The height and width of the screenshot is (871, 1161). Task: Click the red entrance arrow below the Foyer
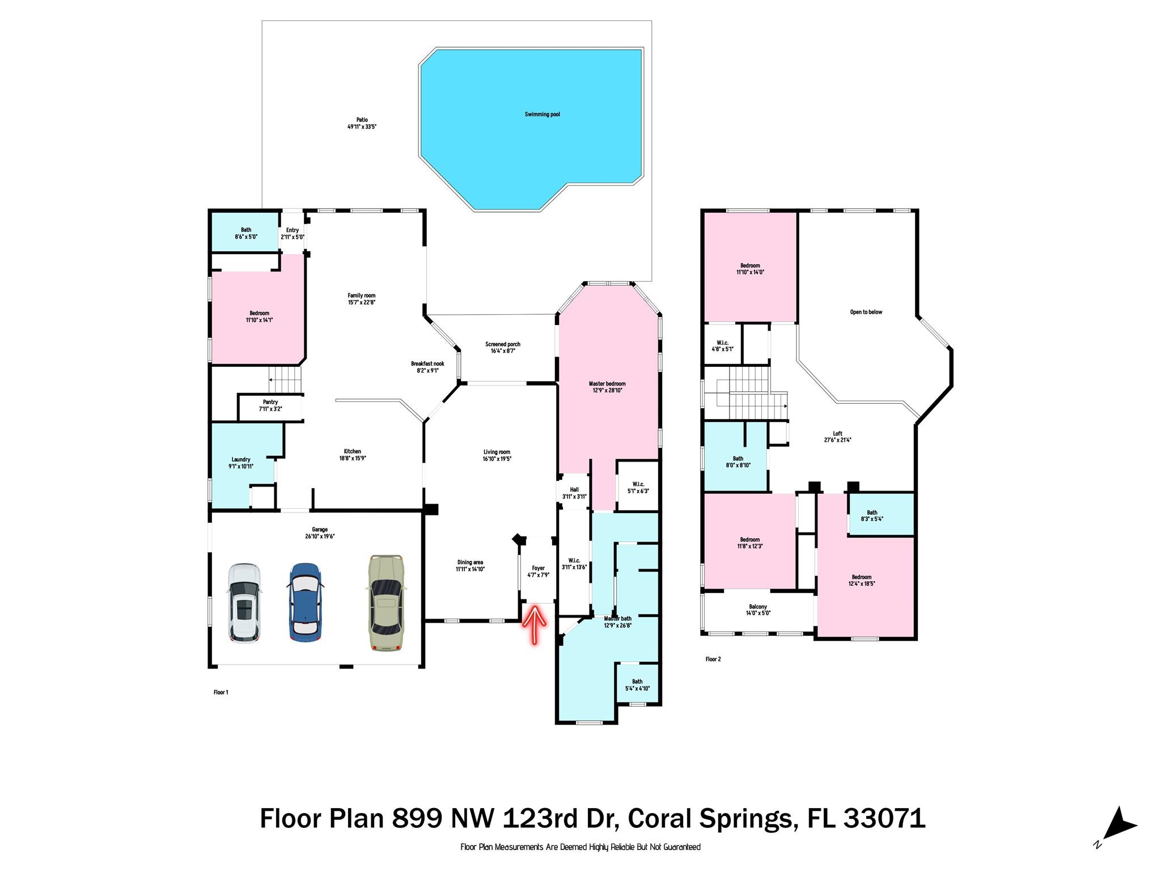click(535, 624)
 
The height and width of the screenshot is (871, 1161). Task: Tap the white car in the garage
click(244, 603)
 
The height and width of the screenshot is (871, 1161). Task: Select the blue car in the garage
click(306, 603)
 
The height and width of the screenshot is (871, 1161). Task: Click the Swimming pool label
click(542, 115)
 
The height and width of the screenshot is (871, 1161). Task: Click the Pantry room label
click(270, 402)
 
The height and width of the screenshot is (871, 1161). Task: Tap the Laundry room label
click(241, 459)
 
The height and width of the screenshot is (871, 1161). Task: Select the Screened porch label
click(503, 344)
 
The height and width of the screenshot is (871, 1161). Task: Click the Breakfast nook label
click(427, 364)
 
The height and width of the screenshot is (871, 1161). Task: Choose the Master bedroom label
click(607, 384)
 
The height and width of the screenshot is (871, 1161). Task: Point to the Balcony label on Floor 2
click(758, 607)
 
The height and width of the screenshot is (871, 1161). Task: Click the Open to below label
click(866, 312)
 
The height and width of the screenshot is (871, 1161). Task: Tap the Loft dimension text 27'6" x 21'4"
click(838, 440)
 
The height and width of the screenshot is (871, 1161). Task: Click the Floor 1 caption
click(221, 692)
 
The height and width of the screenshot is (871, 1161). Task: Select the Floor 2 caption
click(713, 659)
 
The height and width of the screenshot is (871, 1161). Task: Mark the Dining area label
click(470, 563)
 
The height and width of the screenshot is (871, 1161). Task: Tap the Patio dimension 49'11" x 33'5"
click(362, 127)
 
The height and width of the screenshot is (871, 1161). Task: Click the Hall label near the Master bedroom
click(574, 490)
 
